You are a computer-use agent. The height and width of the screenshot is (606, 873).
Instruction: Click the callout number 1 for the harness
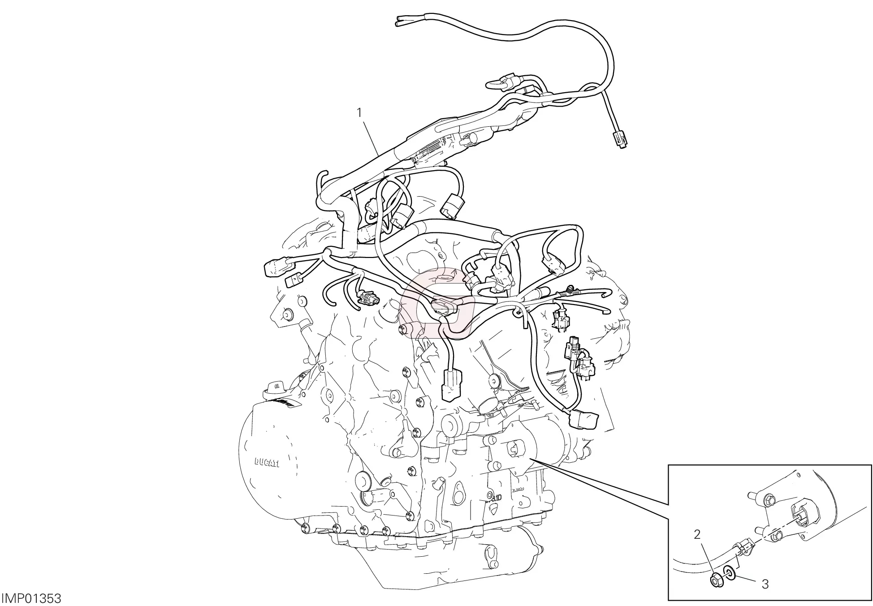(x=359, y=100)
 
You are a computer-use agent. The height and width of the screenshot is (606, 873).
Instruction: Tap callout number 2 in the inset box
(x=697, y=534)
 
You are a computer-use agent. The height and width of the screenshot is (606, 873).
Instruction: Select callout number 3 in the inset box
(x=765, y=584)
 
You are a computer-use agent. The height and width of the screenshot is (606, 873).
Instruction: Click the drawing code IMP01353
(x=31, y=598)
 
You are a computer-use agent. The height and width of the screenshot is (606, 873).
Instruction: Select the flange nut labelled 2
(x=716, y=581)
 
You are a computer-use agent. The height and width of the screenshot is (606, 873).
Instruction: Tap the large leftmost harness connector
(x=272, y=268)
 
